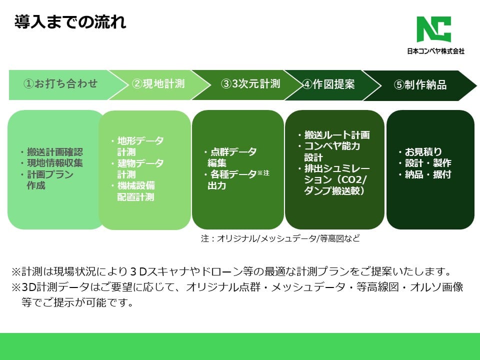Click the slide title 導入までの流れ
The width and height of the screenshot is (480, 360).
pyautogui.click(x=69, y=22)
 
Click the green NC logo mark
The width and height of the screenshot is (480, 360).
pyautogui.click(x=434, y=29)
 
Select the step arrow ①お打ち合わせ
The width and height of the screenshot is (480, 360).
pyautogui.click(x=60, y=84)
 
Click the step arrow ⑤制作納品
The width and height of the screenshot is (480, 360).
pyautogui.click(x=420, y=84)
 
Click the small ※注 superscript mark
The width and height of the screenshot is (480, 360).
pyautogui.click(x=263, y=173)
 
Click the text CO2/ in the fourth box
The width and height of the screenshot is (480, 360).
pyautogui.click(x=354, y=180)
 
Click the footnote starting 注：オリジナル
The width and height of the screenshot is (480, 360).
pyautogui.click(x=280, y=238)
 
